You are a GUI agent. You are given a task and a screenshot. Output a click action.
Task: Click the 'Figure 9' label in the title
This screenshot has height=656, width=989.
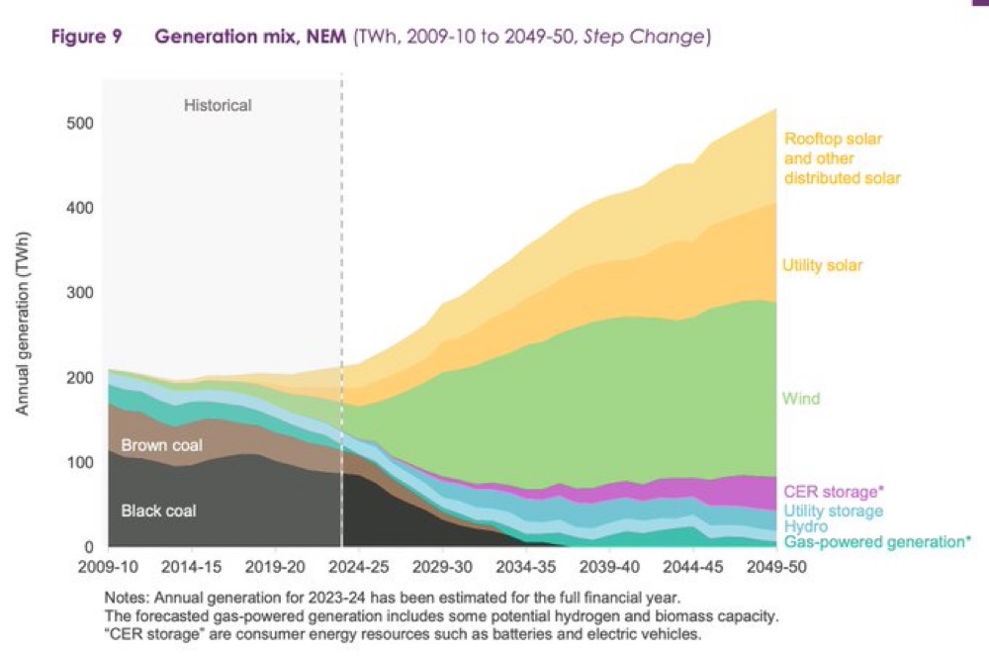[x=87, y=38]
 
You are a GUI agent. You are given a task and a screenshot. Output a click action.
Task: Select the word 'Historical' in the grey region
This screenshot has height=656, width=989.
[x=218, y=104]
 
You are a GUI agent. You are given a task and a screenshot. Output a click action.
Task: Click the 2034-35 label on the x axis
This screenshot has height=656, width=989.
[x=526, y=568]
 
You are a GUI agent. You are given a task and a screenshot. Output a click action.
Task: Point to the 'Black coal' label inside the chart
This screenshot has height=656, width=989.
[x=158, y=511]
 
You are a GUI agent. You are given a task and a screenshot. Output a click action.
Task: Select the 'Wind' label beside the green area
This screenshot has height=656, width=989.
[x=801, y=399]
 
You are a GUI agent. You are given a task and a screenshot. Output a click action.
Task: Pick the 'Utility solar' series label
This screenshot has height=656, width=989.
[x=823, y=265]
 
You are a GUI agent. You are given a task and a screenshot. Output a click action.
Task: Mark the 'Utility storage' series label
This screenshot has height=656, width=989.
[x=833, y=510]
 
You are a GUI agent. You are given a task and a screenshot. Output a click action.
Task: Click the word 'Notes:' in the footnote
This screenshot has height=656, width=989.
[x=125, y=597]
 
